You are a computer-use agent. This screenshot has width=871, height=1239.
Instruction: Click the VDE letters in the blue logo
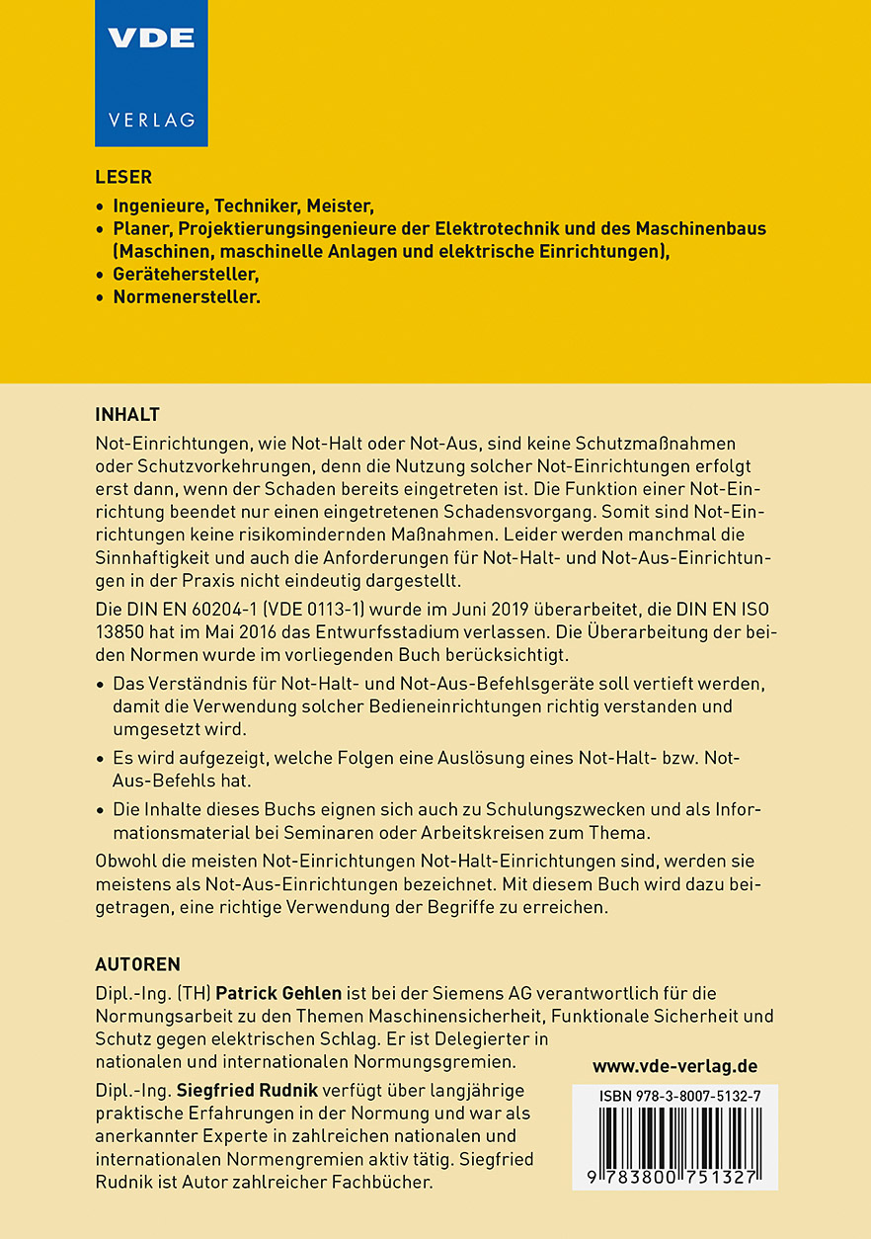(151, 39)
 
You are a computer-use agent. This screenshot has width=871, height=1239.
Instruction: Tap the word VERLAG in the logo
(151, 120)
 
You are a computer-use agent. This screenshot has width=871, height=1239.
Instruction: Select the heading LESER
(123, 178)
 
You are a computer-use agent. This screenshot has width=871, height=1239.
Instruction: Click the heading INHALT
(127, 413)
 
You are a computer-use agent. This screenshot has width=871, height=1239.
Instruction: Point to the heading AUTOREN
(137, 964)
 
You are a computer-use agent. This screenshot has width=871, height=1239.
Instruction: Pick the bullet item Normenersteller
(187, 296)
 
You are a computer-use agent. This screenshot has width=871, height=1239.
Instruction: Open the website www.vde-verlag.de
(674, 1066)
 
